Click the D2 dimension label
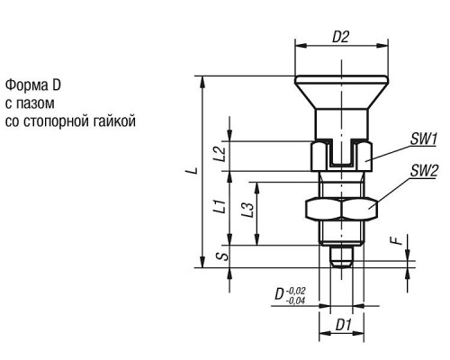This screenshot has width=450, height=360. (341, 37)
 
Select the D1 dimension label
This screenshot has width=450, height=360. (343, 325)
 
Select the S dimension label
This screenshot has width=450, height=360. (222, 256)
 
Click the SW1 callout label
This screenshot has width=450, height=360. (423, 139)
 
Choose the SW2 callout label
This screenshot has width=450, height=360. (424, 171)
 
